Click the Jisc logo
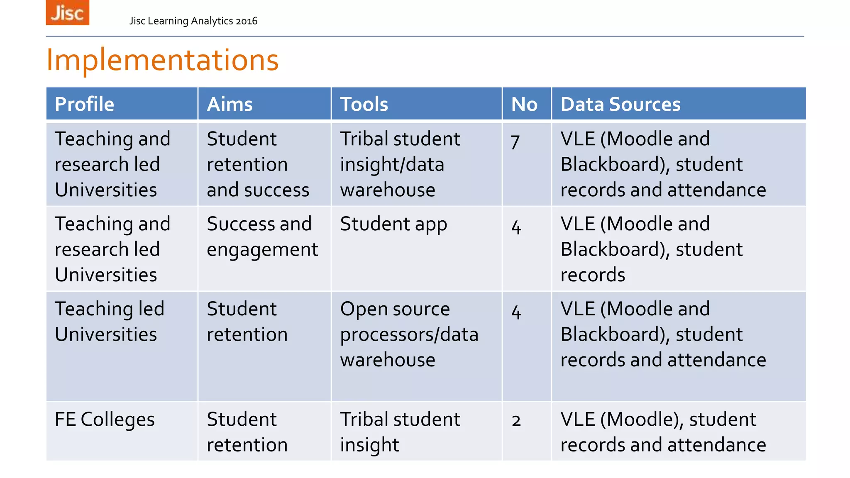click(67, 12)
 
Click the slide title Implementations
click(162, 60)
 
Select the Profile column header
click(84, 104)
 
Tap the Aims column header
click(230, 104)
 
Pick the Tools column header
click(364, 104)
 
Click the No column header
click(524, 104)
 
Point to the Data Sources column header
click(620, 104)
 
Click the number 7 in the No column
click(515, 142)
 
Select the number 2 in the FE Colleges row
click(516, 421)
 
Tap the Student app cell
click(393, 224)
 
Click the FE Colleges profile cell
click(105, 419)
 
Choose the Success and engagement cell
click(262, 237)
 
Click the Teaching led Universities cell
click(110, 322)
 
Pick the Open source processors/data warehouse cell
click(409, 334)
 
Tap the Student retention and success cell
click(258, 164)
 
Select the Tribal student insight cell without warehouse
click(400, 432)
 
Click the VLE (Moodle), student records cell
click(663, 432)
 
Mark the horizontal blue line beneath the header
click(425, 37)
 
